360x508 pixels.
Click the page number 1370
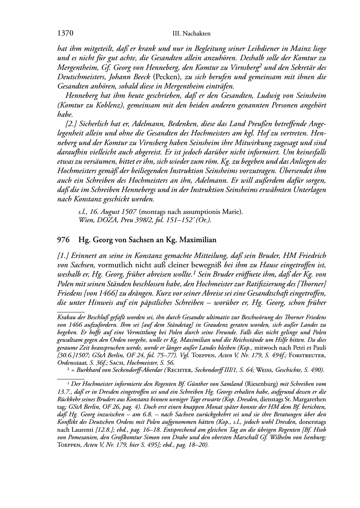point(65,34)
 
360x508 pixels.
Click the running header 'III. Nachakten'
point(191,34)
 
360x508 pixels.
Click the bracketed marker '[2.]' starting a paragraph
point(71,124)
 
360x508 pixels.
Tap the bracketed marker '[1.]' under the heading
point(63,256)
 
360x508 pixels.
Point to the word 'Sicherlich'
point(93,124)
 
